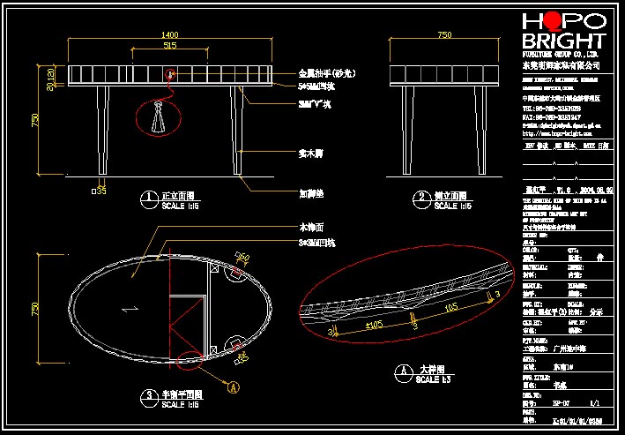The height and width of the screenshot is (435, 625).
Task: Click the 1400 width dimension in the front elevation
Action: [170, 34]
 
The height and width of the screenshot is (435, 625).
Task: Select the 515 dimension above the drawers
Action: [170, 45]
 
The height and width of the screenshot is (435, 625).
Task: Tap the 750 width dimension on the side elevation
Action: [444, 34]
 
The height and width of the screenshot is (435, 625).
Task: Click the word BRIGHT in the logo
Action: [564, 41]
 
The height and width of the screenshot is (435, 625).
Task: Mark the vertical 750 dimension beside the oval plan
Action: [36, 309]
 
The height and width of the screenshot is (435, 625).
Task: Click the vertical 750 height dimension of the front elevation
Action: [36, 121]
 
